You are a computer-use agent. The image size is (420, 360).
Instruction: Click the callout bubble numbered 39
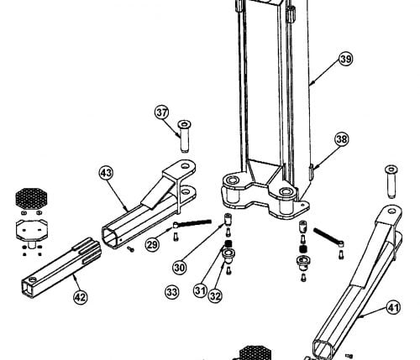point(346,60)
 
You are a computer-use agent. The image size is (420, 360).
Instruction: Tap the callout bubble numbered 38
point(342,139)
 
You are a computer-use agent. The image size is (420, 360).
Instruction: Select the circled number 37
point(162,112)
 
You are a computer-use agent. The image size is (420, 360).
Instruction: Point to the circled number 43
point(106,173)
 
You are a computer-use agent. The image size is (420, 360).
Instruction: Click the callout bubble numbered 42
point(81,297)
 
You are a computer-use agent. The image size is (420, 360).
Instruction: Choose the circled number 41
point(394,308)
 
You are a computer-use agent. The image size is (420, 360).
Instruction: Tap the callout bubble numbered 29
point(152,245)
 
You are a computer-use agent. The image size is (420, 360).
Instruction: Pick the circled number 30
point(179,268)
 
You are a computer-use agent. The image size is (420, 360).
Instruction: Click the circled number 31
point(200,290)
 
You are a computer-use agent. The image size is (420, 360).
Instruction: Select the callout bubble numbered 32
point(215,296)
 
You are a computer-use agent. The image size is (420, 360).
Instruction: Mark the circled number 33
point(171,292)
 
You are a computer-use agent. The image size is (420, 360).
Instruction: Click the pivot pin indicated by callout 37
point(184,136)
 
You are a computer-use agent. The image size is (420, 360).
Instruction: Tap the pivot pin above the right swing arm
point(391,181)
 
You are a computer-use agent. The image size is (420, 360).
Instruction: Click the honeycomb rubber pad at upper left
point(31,198)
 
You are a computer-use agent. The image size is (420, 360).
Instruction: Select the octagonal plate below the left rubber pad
point(32,230)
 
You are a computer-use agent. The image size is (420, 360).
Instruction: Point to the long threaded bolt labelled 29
point(192,223)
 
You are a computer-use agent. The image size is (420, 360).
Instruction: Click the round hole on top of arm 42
point(33,279)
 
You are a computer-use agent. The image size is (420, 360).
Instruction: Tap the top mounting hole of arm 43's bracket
point(185,166)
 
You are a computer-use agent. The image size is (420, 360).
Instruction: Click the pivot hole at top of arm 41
point(391,211)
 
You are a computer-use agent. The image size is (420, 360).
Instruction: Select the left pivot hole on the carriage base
point(232,180)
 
